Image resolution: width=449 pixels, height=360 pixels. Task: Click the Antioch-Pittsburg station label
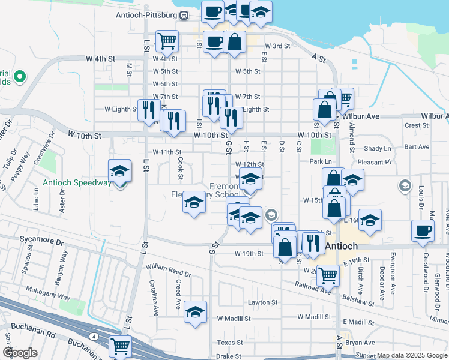click(147, 15)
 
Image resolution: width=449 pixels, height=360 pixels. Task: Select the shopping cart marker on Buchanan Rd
click(120, 346)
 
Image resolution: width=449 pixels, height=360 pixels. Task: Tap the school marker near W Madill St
click(195, 312)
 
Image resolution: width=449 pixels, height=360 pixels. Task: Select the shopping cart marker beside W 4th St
click(167, 41)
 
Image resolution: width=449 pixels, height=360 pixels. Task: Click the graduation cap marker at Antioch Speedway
click(119, 171)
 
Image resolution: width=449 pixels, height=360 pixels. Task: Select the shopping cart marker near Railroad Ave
click(327, 275)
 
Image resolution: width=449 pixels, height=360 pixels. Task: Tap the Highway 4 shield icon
click(94, 335)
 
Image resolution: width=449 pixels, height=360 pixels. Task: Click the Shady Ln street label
click(378, 148)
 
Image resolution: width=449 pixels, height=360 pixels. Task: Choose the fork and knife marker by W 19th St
click(313, 242)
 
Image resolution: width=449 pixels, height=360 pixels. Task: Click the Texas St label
click(229, 343)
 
